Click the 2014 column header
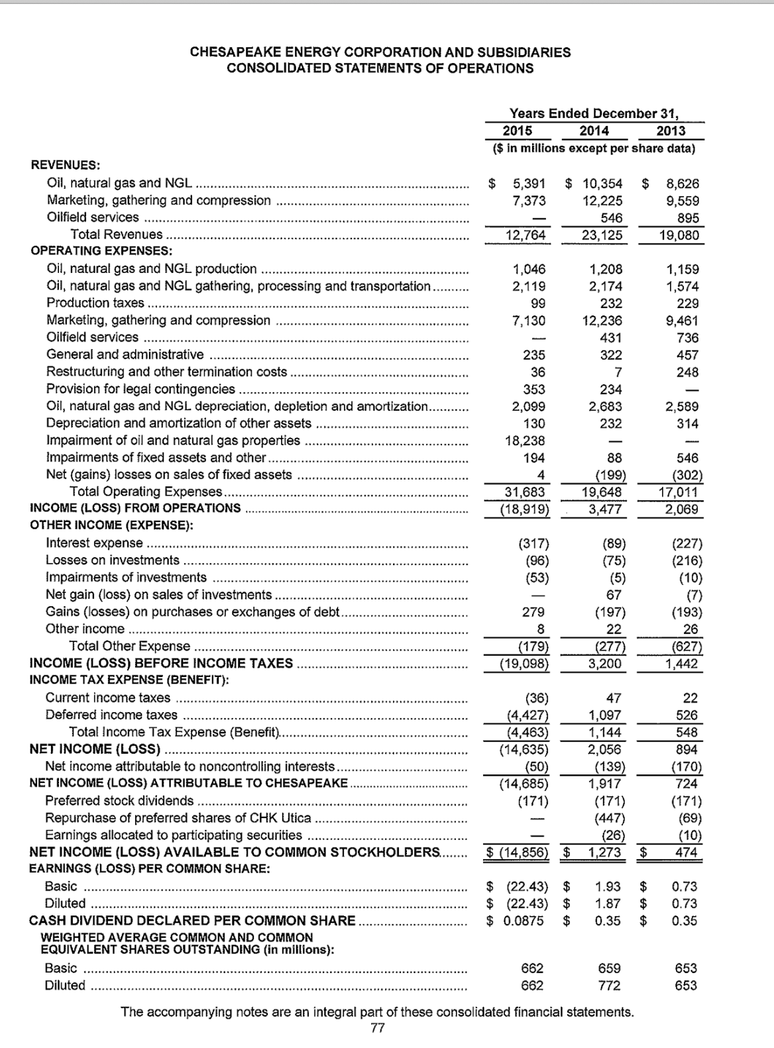[x=594, y=131]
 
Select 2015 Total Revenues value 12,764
[x=525, y=235]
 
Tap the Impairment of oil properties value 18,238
[x=525, y=441]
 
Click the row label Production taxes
[x=95, y=303]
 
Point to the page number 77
[x=376, y=1028]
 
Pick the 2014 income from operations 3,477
[x=606, y=509]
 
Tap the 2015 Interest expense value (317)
[x=533, y=544]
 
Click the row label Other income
[x=85, y=629]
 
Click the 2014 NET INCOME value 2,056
[x=605, y=749]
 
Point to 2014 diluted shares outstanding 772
[x=609, y=985]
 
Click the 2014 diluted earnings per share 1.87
[x=608, y=904]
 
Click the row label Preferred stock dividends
[x=119, y=800]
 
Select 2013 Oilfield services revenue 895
[x=688, y=218]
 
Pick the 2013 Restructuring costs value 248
[x=687, y=372]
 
